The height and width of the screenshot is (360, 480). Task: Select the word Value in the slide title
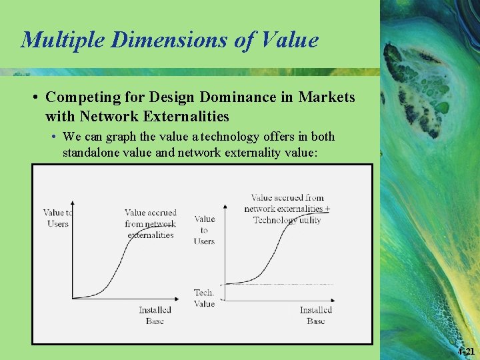click(x=289, y=40)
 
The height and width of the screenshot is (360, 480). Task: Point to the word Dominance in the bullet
click(x=227, y=97)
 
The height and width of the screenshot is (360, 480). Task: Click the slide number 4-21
click(x=467, y=351)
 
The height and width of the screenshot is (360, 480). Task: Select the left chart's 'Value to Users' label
click(x=58, y=218)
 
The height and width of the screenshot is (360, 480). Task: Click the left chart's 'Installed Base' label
click(x=155, y=315)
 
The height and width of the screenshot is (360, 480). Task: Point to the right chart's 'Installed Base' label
click(x=315, y=315)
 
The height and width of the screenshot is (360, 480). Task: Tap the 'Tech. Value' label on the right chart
click(x=204, y=298)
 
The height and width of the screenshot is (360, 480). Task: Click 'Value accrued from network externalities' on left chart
click(x=150, y=223)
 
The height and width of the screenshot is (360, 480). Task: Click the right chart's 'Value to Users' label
click(x=204, y=229)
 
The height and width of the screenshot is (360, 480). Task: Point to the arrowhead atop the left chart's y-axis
click(x=72, y=202)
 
